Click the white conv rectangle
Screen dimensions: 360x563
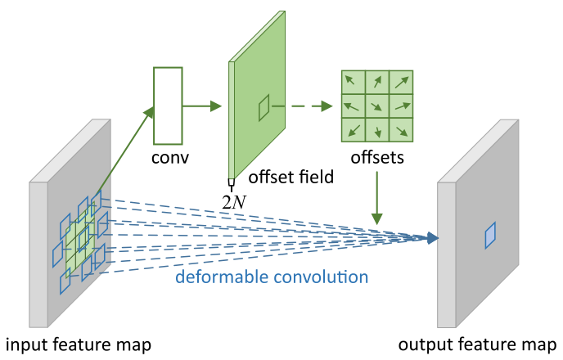coord(166,106)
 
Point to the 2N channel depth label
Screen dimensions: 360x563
coord(232,197)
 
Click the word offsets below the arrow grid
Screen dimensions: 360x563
coord(376,157)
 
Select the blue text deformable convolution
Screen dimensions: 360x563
coord(272,277)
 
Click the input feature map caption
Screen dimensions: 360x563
coord(79,343)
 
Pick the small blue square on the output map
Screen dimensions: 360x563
coord(490,236)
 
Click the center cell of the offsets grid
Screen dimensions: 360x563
coord(376,106)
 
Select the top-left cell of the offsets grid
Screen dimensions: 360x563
coord(352,82)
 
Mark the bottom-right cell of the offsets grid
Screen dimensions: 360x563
coord(401,130)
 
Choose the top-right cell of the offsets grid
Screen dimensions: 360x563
coord(401,82)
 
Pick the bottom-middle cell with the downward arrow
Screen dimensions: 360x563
coord(376,130)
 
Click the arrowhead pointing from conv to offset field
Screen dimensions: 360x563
coord(216,106)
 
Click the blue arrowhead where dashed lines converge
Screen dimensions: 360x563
coord(432,238)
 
